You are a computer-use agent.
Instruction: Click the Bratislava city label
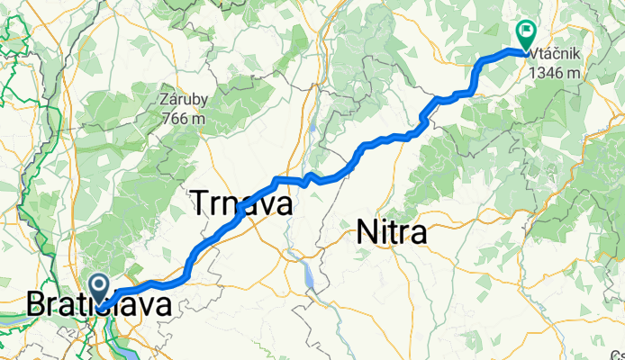pos(99,306)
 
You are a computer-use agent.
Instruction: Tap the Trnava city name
pos(242,204)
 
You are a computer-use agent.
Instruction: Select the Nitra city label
pos(392,233)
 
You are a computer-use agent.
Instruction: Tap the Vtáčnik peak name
pos(553,55)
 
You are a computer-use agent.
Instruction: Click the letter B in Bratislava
pos(37,306)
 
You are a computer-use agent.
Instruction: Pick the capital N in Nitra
pos(366,233)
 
